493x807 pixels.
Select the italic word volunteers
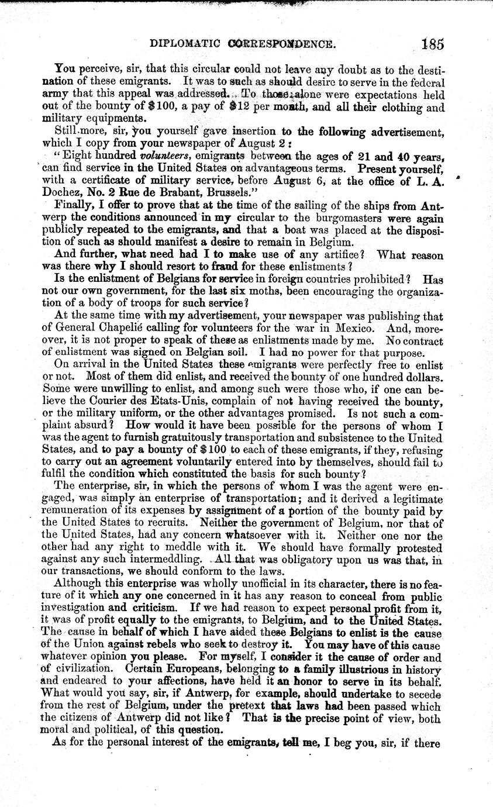167,156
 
